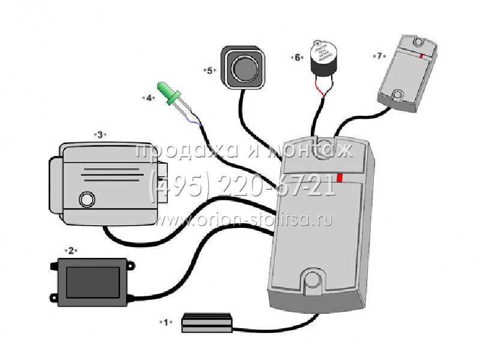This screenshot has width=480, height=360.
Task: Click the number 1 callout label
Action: pyautogui.click(x=165, y=322)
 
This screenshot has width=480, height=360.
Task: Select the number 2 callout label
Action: pyautogui.click(x=71, y=250)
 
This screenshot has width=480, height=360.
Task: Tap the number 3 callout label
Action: pyautogui.click(x=100, y=134)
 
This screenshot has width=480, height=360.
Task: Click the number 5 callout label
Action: pyautogui.click(x=210, y=70)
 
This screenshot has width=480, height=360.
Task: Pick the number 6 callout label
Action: pyautogui.click(x=297, y=58)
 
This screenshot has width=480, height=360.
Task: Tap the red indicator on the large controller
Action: pyautogui.click(x=340, y=178)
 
